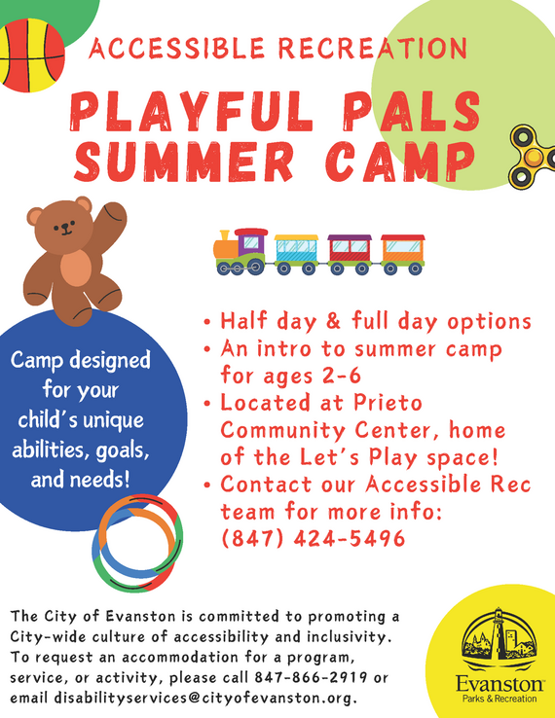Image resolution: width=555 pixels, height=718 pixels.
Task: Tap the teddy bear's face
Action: tap(65, 228)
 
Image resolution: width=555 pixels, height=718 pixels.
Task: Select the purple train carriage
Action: tap(349, 251)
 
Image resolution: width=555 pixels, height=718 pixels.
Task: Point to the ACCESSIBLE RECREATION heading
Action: tap(277, 48)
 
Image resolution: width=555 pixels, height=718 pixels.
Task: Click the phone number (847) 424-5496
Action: tap(313, 537)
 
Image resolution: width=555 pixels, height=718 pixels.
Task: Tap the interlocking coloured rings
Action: tap(139, 537)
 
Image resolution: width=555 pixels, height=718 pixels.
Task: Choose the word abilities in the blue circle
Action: tap(49, 450)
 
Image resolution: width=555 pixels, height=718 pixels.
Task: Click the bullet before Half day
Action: tap(207, 322)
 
